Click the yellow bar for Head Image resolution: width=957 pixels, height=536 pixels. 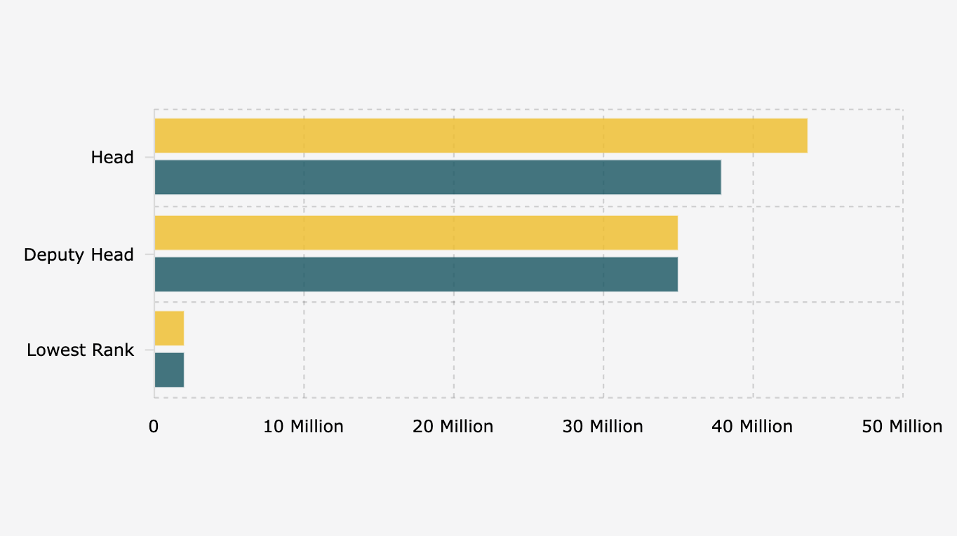(481, 136)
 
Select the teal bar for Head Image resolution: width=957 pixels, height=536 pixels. (437, 177)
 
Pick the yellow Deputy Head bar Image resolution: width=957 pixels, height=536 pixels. (415, 233)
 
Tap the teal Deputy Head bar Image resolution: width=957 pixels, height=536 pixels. (415, 274)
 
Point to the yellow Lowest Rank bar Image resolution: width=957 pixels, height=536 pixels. (169, 329)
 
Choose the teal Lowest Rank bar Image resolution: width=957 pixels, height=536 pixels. (169, 369)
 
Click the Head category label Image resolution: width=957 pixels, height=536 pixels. (112, 158)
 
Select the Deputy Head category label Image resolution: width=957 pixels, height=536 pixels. (79, 255)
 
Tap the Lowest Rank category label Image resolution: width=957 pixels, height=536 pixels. (80, 350)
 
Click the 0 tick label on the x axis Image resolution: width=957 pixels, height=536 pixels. (154, 427)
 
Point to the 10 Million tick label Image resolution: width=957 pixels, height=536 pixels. (304, 427)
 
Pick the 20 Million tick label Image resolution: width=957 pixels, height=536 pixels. (453, 427)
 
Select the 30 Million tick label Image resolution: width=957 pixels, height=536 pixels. (603, 427)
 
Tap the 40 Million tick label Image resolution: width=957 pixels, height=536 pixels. (753, 427)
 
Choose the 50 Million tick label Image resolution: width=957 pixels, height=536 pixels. (902, 427)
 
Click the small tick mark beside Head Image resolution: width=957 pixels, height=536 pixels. (149, 158)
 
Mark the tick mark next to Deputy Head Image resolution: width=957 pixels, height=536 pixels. (149, 254)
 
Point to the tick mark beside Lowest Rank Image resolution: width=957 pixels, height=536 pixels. (149, 350)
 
